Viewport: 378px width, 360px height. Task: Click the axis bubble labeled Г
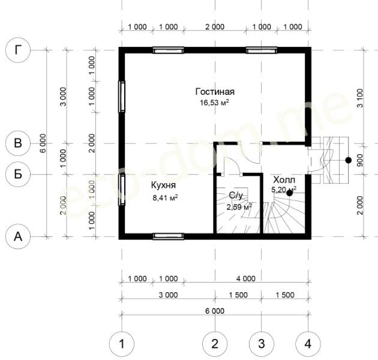(18, 50)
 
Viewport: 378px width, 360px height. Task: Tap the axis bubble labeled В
(18, 143)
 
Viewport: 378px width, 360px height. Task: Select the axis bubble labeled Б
(18, 174)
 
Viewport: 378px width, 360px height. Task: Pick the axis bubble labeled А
(18, 236)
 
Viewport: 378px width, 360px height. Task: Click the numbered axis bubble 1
(122, 344)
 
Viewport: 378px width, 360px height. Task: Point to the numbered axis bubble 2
(215, 344)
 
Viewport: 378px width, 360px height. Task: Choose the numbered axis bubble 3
(262, 344)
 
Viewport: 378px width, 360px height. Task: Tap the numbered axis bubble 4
(308, 344)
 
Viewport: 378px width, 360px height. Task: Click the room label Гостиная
(215, 92)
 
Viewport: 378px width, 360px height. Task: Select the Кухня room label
(163, 185)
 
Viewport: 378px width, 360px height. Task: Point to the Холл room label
(284, 180)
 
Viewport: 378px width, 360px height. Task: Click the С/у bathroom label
(236, 196)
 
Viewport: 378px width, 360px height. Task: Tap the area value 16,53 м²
(214, 103)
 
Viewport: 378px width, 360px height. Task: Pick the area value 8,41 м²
(165, 198)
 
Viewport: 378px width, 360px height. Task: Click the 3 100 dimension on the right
(359, 98)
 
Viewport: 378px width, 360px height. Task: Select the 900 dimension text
(359, 160)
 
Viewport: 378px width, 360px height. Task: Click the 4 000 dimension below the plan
(245, 279)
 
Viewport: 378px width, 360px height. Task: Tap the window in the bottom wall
(169, 236)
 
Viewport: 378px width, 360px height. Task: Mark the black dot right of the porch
(348, 160)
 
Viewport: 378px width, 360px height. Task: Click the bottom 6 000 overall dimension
(215, 311)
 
